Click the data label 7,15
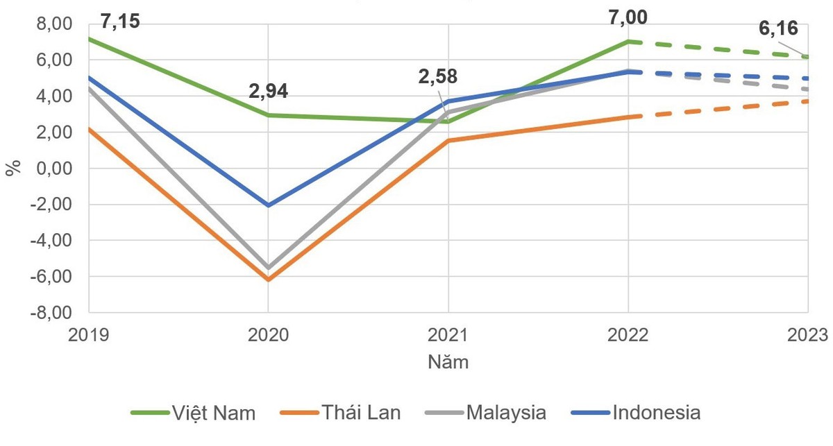tap(120, 22)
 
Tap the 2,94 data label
tap(268, 92)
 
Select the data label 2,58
tap(437, 76)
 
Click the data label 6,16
tap(777, 29)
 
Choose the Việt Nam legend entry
tap(194, 413)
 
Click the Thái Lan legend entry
tap(341, 413)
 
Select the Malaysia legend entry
tap(485, 413)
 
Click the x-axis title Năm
tap(448, 362)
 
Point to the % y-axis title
tap(13, 168)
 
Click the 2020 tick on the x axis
tap(268, 334)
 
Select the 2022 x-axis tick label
tap(628, 334)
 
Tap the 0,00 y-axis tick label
tap(53, 169)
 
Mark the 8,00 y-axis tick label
tap(53, 24)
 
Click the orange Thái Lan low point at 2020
tap(268, 280)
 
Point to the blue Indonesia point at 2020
tap(268, 205)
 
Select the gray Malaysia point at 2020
tap(268, 268)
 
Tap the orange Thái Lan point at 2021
tap(448, 141)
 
